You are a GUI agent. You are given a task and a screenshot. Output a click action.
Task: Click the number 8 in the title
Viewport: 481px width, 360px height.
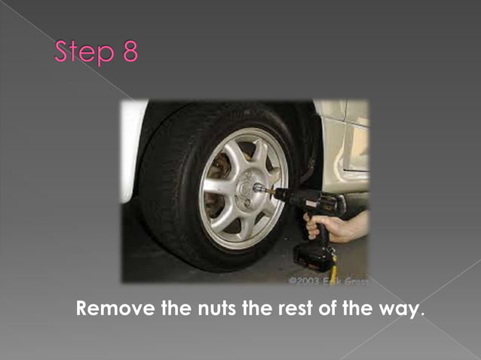(128, 53)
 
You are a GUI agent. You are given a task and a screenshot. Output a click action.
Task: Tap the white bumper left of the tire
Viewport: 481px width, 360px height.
(132, 151)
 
